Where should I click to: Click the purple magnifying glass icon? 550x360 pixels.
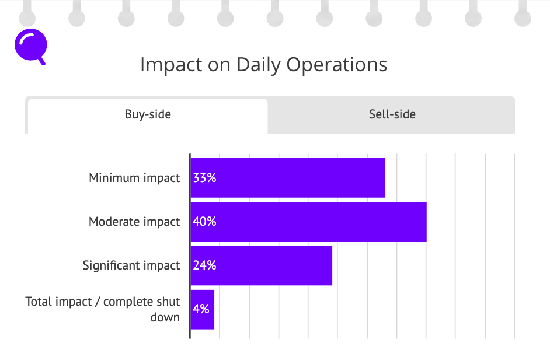(x=30, y=46)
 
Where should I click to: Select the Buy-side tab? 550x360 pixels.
(x=148, y=116)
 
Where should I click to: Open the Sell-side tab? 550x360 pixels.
(x=391, y=116)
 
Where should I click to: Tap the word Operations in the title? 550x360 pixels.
(x=337, y=65)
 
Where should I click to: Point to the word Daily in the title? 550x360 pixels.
(x=259, y=65)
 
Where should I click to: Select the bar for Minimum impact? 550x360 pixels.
(x=288, y=178)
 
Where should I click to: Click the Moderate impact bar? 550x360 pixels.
(x=309, y=222)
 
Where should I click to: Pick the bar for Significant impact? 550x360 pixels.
(x=262, y=265)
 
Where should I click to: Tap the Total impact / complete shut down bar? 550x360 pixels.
(x=203, y=309)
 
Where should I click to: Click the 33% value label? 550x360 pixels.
(x=204, y=178)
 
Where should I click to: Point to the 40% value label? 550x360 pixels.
(x=204, y=222)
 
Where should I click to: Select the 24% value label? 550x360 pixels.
(x=204, y=265)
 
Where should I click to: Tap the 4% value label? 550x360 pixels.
(x=201, y=309)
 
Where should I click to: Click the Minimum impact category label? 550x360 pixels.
(x=134, y=178)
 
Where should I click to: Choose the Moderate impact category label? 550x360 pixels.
(x=134, y=222)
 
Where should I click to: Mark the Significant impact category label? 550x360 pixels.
(x=131, y=265)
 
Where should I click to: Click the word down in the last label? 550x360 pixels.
(x=165, y=317)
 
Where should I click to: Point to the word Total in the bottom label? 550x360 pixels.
(x=41, y=302)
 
